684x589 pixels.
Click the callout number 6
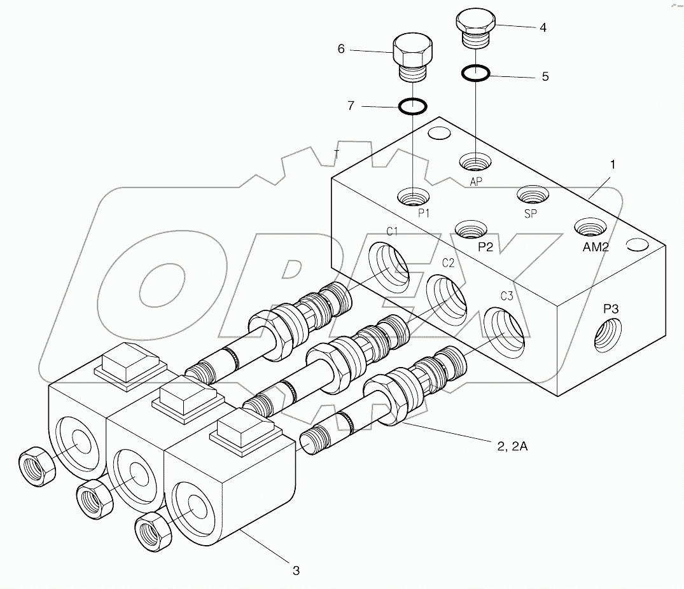pos(341,49)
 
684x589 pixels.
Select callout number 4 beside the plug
pos(542,27)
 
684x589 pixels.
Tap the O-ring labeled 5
pos(475,73)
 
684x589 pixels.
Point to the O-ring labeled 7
pos(412,106)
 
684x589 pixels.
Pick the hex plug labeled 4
pos(475,28)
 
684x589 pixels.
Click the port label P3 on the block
pos(611,309)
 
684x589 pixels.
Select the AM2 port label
pos(596,247)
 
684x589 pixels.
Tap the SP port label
pos(531,214)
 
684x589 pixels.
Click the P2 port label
pos(485,247)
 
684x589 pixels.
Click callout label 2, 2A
pos(510,447)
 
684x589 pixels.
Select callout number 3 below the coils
pos(296,570)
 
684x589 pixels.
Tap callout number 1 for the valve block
pos(612,164)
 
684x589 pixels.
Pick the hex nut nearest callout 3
pos(153,527)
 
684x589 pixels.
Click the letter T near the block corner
pos(337,153)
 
